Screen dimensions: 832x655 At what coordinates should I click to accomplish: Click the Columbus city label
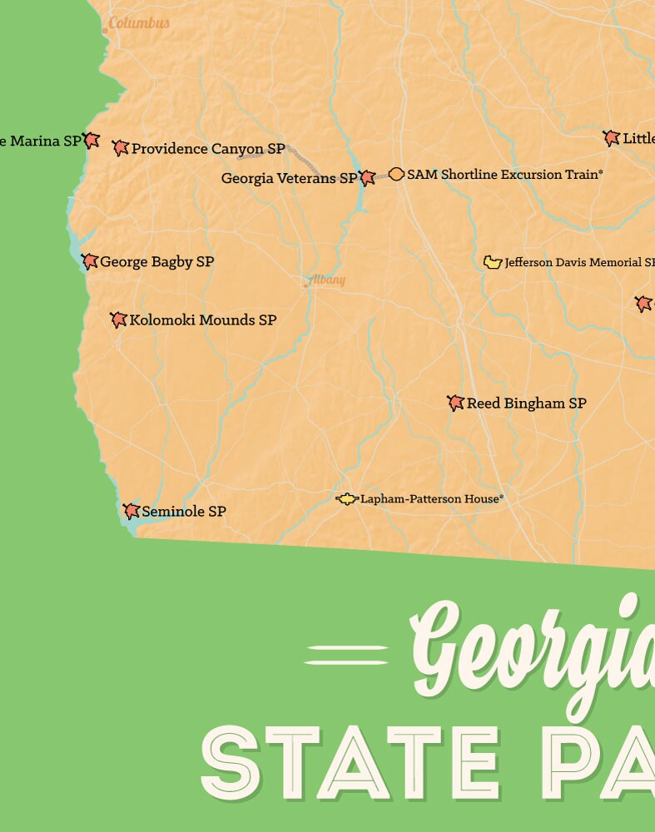139,23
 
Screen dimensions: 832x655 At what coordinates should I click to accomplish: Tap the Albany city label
325,280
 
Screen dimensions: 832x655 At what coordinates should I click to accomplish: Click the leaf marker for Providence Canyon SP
121,148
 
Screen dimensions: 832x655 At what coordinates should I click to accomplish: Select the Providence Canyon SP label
208,149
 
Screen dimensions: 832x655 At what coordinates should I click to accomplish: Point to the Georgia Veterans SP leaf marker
367,177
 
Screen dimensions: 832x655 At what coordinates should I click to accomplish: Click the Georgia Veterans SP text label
289,178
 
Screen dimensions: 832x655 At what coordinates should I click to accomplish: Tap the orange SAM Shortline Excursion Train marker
396,174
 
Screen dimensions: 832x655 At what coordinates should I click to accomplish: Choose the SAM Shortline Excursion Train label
504,175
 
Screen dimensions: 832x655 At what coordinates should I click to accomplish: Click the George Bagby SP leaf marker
90,261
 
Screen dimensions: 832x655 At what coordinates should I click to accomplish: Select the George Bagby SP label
156,262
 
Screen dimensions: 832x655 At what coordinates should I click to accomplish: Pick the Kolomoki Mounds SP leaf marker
118,319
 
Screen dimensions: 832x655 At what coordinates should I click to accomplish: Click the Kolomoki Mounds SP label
203,320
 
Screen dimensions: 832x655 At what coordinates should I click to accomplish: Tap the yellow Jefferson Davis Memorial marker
492,262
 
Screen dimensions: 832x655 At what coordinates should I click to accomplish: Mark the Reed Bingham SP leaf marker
455,403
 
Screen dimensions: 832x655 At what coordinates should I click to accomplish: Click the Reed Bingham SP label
526,404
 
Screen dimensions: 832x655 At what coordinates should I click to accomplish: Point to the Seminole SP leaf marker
131,511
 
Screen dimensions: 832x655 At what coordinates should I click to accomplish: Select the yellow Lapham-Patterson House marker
346,499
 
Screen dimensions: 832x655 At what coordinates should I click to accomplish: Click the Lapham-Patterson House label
431,499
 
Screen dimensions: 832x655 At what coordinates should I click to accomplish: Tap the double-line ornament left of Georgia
346,655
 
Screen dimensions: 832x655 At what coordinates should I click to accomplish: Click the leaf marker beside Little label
612,138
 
